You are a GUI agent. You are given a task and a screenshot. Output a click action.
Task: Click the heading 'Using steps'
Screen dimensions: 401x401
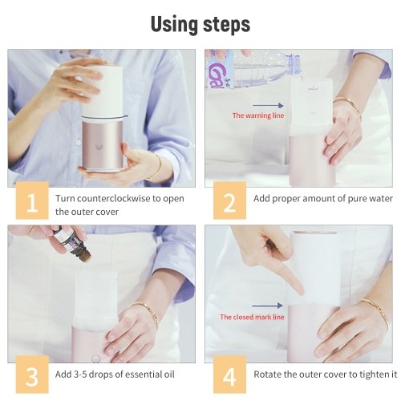click(x=200, y=24)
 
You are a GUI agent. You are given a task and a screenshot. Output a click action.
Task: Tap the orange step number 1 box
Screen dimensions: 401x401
click(x=32, y=200)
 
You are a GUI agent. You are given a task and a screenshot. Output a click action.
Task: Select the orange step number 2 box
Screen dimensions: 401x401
click(x=229, y=200)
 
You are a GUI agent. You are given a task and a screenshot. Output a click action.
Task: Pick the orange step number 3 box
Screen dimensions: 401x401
click(x=32, y=375)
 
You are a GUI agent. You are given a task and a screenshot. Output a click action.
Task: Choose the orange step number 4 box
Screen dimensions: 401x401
click(x=229, y=375)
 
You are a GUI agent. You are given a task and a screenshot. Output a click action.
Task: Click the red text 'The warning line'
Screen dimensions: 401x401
click(x=258, y=115)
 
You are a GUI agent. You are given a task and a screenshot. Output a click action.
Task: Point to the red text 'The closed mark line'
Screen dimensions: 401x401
click(x=252, y=317)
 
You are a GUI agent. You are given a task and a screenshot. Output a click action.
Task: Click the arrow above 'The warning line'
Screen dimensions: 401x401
click(x=268, y=105)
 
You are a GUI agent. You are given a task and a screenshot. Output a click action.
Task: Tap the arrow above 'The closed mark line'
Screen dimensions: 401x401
click(x=267, y=306)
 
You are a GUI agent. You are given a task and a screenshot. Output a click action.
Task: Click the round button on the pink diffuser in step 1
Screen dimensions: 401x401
click(x=99, y=146)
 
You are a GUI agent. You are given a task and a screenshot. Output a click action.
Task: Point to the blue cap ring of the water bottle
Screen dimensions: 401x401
click(x=294, y=63)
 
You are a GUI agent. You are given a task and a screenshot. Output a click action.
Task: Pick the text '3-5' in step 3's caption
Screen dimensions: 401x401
click(x=79, y=375)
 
